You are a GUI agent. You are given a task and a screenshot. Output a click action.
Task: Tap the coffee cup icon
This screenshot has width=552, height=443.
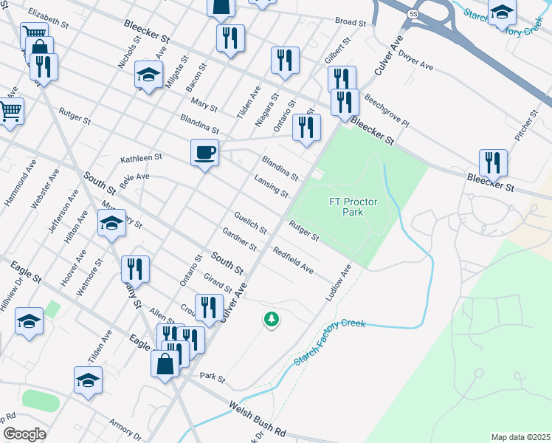click(x=204, y=153)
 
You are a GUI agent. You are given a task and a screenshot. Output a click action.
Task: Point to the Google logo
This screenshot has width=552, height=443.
click(x=24, y=434)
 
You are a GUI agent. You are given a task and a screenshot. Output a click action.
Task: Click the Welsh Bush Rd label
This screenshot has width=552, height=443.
click(x=257, y=414)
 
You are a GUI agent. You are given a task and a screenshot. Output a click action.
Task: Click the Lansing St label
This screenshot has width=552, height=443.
click(x=271, y=186)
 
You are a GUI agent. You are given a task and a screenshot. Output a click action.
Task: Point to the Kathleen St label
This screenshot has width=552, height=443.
click(x=141, y=158)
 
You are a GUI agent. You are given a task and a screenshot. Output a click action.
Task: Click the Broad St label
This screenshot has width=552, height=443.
click(x=351, y=22)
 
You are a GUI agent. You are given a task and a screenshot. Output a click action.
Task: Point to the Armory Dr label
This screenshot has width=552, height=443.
click(x=125, y=429)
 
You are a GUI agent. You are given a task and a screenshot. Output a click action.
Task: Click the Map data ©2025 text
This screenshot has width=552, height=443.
click(x=520, y=437)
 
